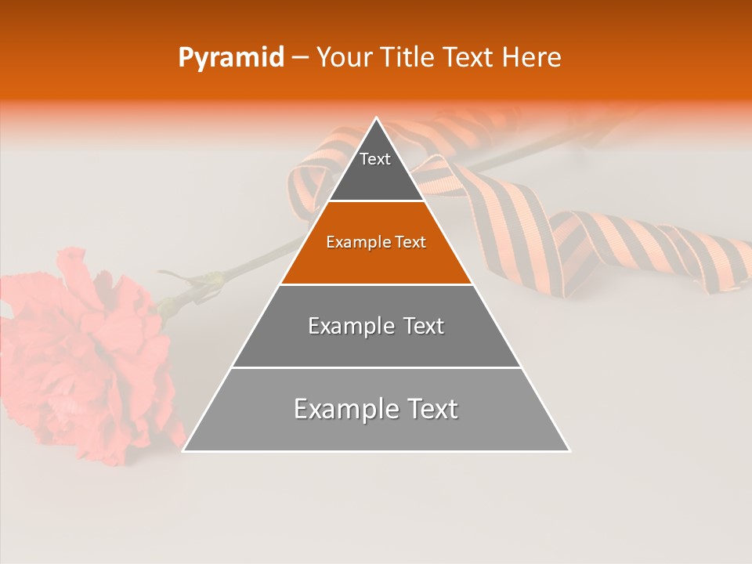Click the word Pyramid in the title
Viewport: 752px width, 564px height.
point(231,58)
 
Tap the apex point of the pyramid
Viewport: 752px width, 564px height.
point(376,118)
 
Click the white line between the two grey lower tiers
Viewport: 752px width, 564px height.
point(376,367)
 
